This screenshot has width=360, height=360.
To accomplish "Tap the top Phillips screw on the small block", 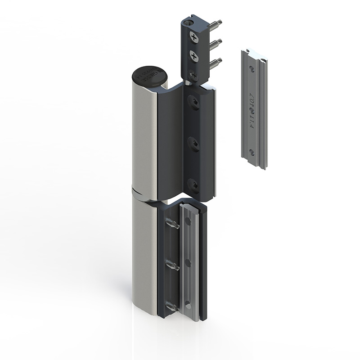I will click(193, 37).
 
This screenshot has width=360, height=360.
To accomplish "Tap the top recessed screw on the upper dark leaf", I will click(193, 104).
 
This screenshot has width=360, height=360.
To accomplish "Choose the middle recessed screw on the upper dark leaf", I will click(193, 144).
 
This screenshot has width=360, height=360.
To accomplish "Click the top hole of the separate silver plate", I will click(252, 69).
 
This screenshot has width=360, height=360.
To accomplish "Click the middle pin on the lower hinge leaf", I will click(172, 266).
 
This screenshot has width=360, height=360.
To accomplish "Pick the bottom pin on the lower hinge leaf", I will click(172, 307).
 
